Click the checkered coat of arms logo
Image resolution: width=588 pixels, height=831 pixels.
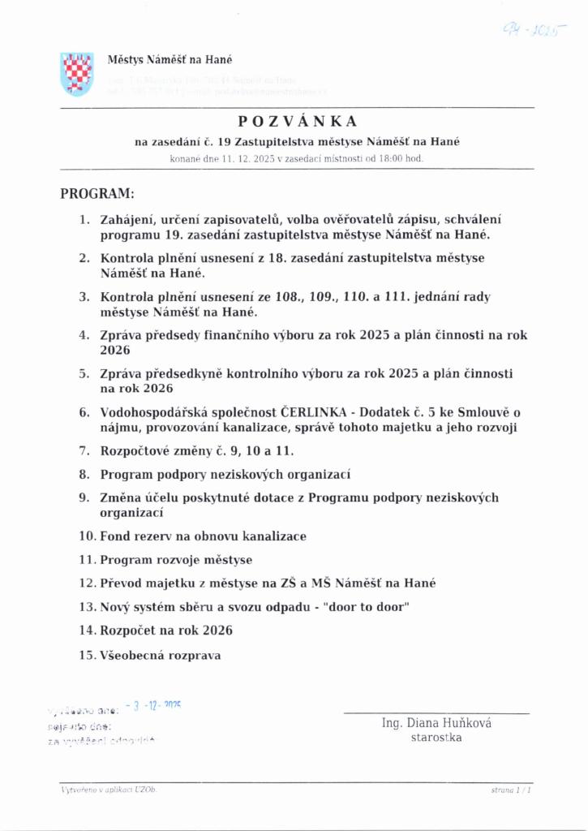click(x=76, y=73)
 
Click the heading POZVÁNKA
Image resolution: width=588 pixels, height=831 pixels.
click(x=297, y=121)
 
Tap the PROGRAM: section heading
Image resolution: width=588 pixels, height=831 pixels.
click(x=97, y=195)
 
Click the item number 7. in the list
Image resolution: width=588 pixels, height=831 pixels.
click(x=84, y=450)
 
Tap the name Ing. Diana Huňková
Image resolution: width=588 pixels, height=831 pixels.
click(x=436, y=723)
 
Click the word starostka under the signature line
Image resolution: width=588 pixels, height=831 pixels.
click(x=436, y=738)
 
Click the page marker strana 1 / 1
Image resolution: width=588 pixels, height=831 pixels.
click(x=511, y=789)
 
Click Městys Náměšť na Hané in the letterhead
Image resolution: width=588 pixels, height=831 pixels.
click(x=170, y=59)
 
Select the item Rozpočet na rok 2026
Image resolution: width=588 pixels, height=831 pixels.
click(x=166, y=630)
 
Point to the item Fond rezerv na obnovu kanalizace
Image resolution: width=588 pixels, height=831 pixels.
click(x=203, y=536)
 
